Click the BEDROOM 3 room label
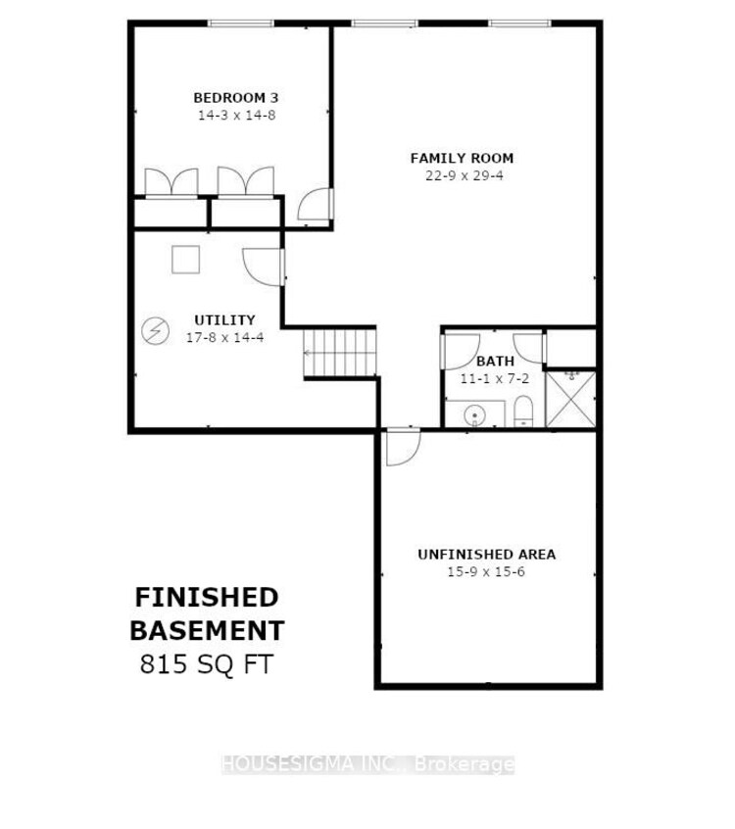236,98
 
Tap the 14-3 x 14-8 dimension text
237,116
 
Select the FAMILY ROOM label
463,158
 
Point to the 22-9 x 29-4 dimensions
465,175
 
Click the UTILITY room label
224,319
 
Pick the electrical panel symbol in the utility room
156,331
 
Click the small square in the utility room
185,260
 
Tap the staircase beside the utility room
340,353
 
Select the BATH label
495,362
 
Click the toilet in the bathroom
523,412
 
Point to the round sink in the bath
474,415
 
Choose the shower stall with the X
570,399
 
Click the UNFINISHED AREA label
486,555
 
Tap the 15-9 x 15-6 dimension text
486,572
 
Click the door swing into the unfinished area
403,447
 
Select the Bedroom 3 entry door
316,205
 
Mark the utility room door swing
264,267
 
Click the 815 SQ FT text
207,664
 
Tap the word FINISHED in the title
207,598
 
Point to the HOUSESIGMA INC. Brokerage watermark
367,764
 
